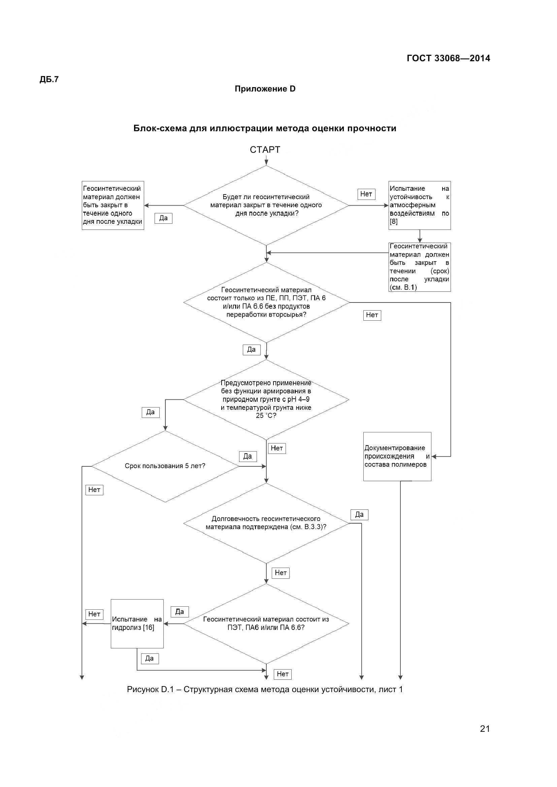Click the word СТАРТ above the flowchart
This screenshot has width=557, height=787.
pos(265,150)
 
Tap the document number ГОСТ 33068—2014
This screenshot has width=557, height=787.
pos(448,58)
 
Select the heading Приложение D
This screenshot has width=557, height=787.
pos(265,89)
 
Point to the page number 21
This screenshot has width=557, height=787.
pos(485,738)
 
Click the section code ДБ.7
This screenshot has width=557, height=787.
pos(49,79)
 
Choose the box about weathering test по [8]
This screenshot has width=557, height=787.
pos(419,205)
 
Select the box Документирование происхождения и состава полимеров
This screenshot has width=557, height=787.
pos(397,456)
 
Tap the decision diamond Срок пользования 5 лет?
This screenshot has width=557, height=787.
pos(165,466)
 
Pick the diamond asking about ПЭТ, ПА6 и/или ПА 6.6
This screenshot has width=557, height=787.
pos(266,623)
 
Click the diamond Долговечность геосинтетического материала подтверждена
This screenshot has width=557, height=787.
pos(266,523)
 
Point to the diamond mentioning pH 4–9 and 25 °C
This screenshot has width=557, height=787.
pos(266,399)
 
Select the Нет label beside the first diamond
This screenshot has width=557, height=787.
pos(366,194)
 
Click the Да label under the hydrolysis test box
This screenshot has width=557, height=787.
pos(150,658)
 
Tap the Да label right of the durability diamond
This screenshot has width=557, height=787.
pos(359,514)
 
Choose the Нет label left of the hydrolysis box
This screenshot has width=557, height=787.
pos(94,614)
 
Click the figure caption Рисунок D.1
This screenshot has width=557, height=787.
pos(265,689)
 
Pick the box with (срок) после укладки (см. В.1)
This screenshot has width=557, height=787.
pos(419,267)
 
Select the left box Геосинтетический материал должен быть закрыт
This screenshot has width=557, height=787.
pos(112,205)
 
